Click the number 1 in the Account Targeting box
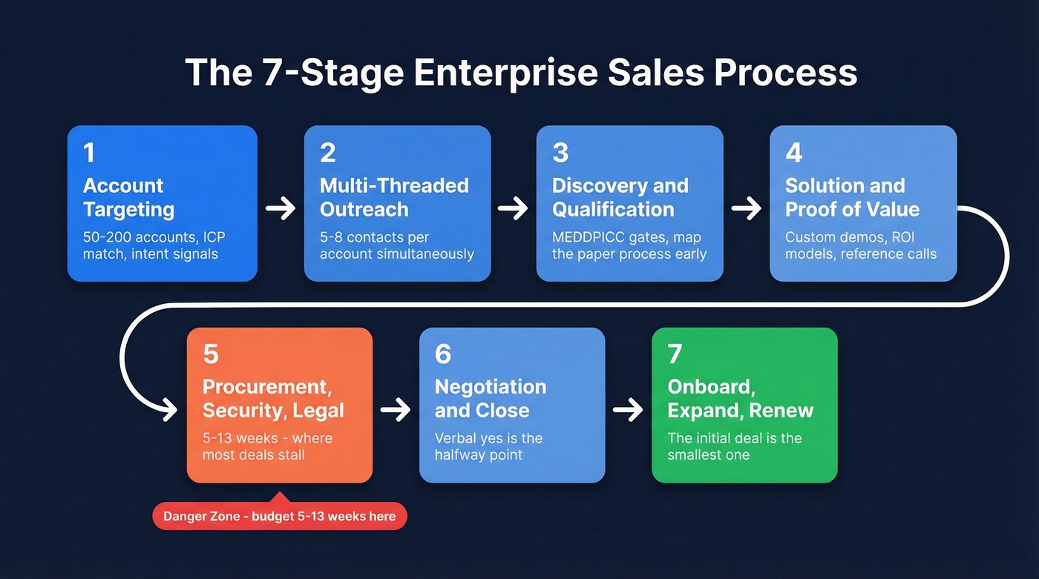[89, 153]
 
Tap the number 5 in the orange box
[211, 354]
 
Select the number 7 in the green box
[675, 354]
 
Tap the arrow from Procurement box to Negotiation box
[396, 409]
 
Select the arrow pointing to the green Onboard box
[628, 409]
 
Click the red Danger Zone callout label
[280, 516]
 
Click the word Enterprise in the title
[504, 73]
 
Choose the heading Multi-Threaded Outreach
[394, 197]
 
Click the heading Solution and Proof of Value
[852, 197]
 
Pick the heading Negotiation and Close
[491, 398]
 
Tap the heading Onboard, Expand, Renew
[740, 398]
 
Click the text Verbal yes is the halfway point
[488, 446]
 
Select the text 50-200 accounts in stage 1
[128, 238]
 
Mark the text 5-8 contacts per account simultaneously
[396, 246]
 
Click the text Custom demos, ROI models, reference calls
[861, 246]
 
